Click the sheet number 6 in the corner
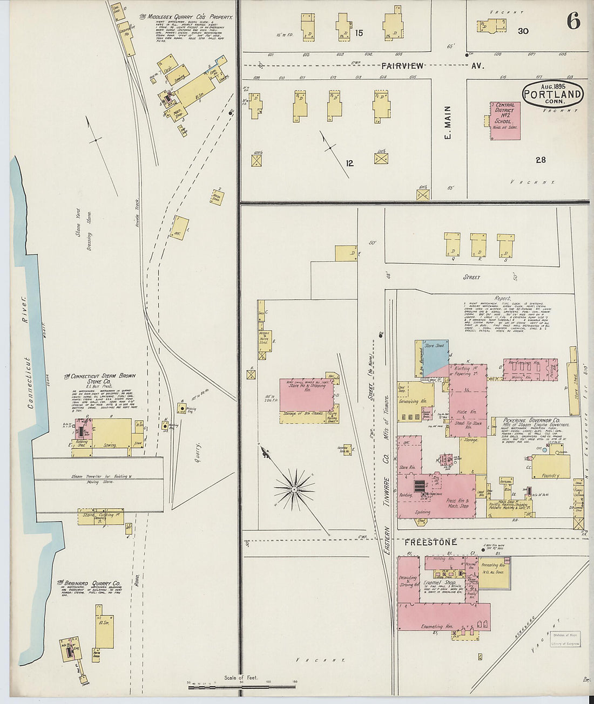point(573,22)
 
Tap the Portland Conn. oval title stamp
point(552,94)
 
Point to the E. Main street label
point(447,123)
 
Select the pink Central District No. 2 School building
point(505,121)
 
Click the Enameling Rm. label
point(436,626)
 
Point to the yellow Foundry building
point(551,467)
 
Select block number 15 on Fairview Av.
point(359,33)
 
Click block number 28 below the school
point(541,160)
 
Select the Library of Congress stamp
point(565,639)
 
